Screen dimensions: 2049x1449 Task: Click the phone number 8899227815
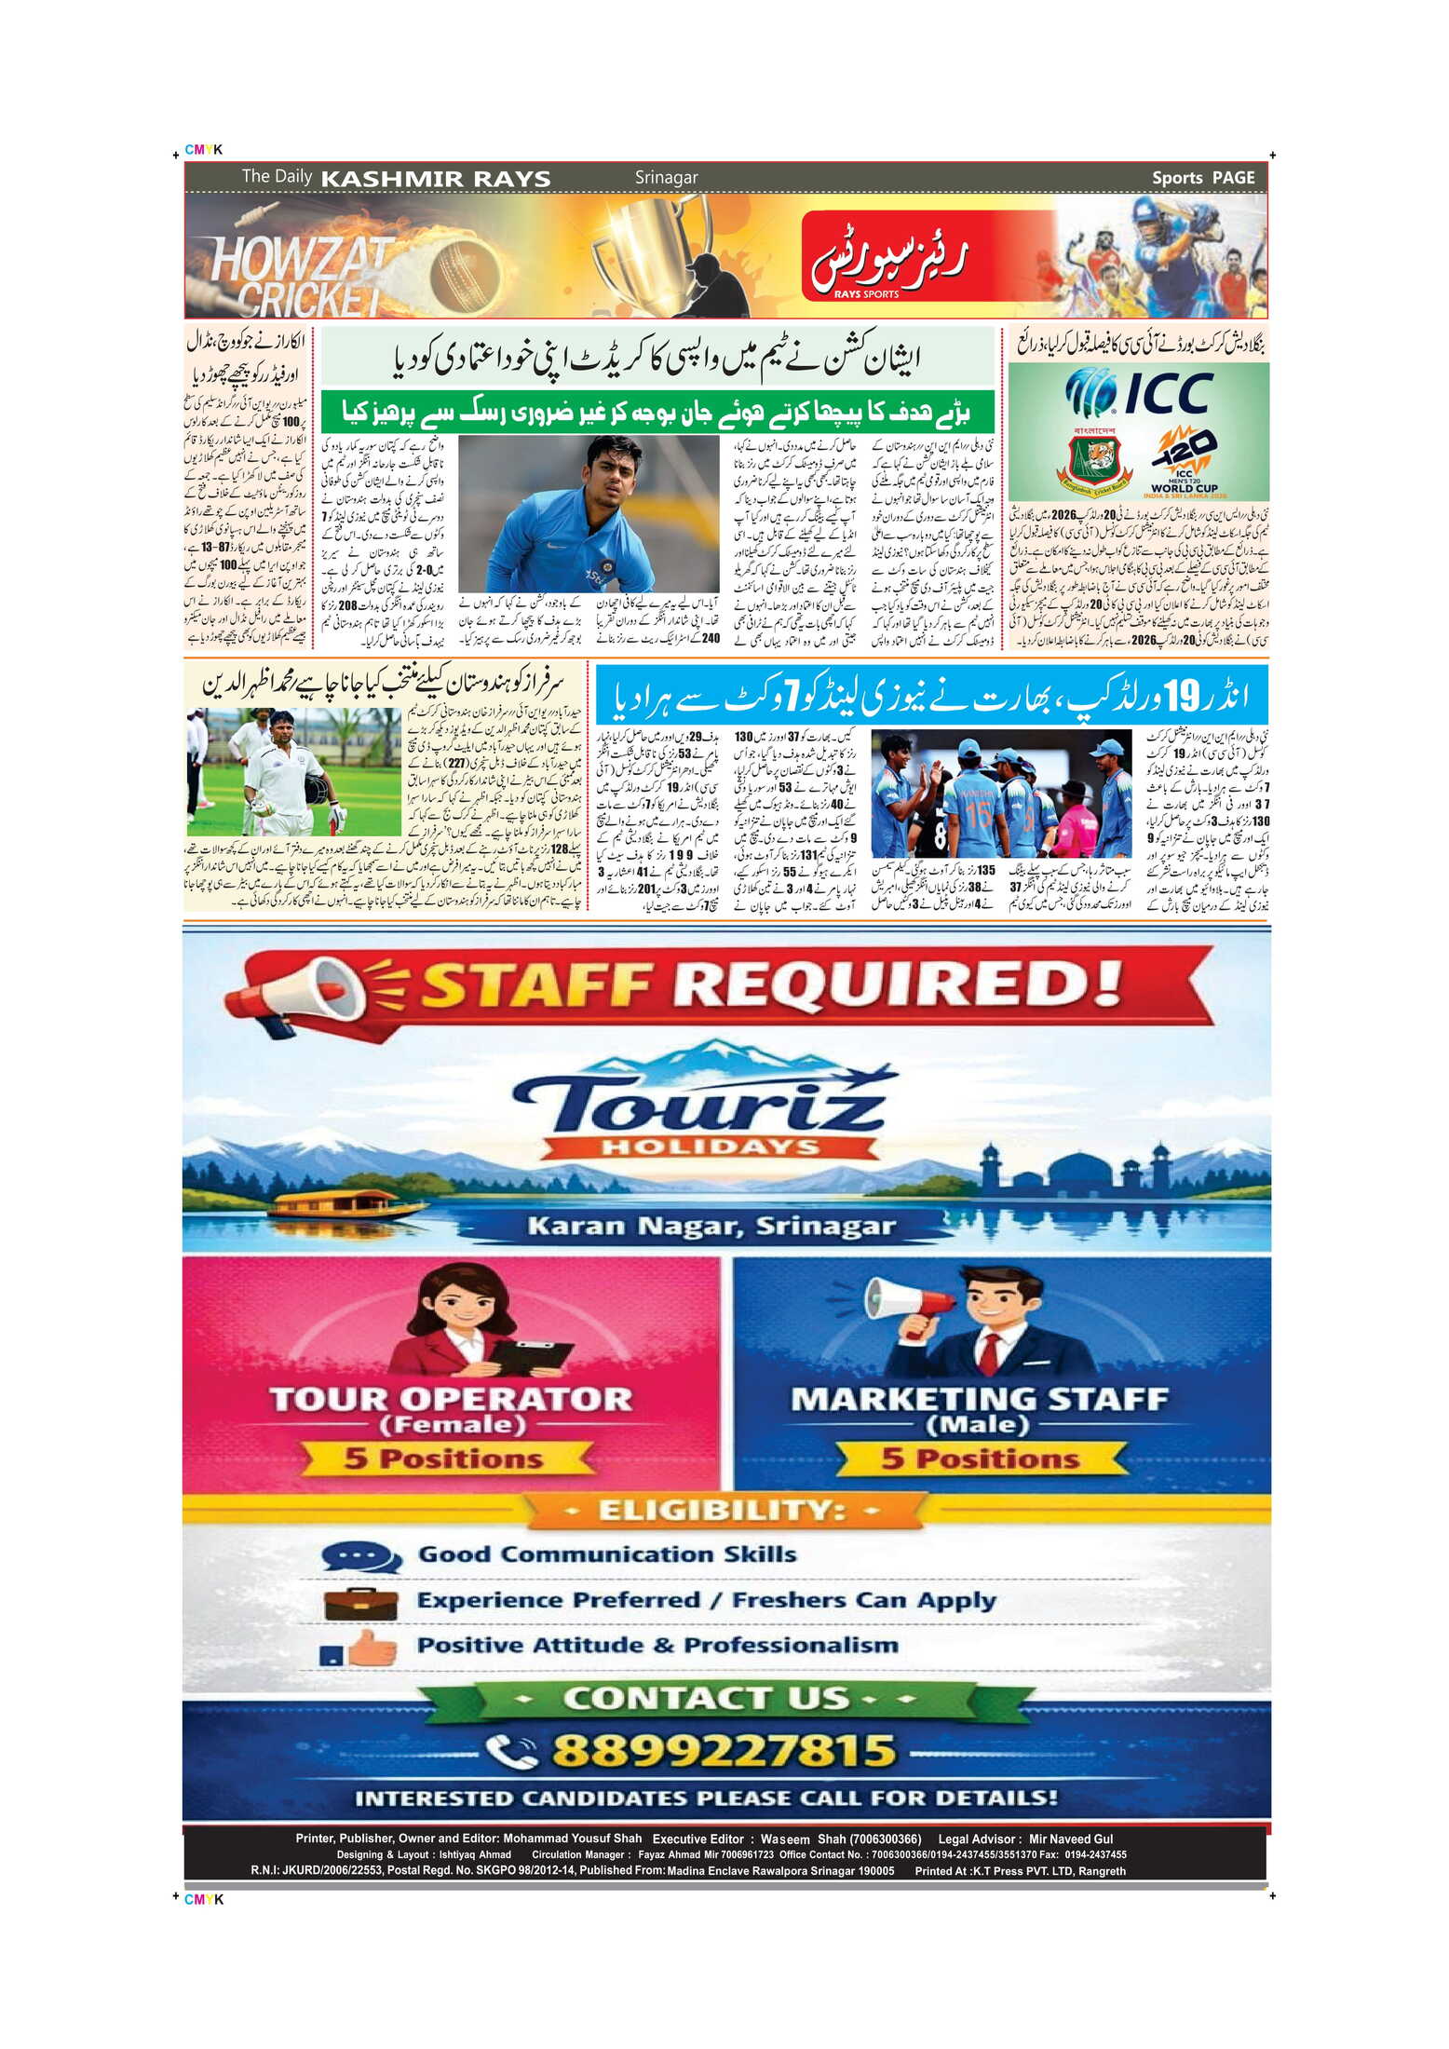724,1750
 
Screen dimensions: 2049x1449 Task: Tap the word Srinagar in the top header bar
666,177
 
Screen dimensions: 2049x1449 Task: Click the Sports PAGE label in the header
1202,177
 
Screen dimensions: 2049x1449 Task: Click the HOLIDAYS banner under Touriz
710,1147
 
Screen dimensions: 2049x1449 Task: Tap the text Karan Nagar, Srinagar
711,1226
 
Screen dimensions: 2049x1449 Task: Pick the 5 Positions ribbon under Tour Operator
444,1458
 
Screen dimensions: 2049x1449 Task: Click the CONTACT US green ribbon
707,1698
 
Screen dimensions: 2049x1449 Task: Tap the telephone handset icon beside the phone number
511,1751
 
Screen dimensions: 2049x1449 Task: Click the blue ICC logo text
1168,392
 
